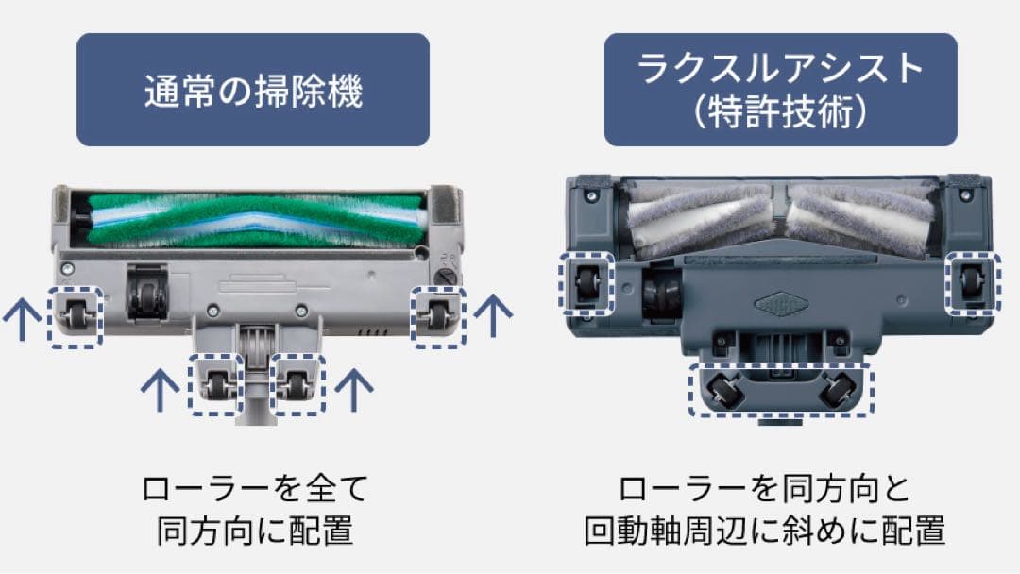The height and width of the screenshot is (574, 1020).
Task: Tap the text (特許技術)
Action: (x=780, y=112)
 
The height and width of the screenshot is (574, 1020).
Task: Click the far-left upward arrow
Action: (x=17, y=322)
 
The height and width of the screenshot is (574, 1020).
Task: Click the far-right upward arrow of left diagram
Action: (x=491, y=315)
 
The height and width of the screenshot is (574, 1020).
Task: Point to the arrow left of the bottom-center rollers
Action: (x=159, y=388)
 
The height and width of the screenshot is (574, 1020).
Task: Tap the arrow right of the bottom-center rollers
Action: (x=352, y=388)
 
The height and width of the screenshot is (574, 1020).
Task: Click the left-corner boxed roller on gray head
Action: (x=76, y=317)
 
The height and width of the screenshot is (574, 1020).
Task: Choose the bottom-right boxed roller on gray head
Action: (x=298, y=383)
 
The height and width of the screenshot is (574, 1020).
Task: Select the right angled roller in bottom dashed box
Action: (x=836, y=388)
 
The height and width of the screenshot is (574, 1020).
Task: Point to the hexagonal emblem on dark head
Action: (x=780, y=305)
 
